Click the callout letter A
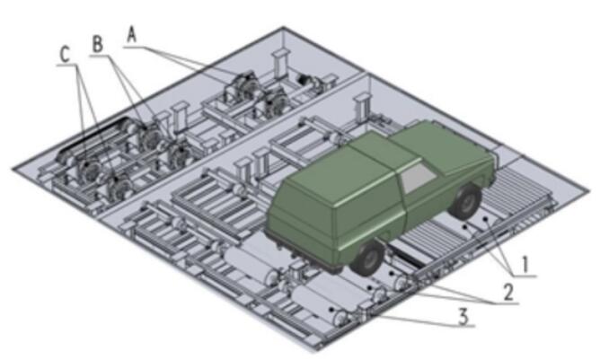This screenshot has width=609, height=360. click(132, 35)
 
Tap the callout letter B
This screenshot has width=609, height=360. click(98, 44)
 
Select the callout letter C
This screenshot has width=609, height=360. click(65, 55)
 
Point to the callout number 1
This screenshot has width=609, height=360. click(525, 265)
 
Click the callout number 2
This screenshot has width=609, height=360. click(508, 292)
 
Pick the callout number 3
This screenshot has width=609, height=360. click(463, 317)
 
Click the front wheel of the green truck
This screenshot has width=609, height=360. click(466, 201)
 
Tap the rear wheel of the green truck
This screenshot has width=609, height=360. click(367, 258)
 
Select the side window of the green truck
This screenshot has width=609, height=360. click(418, 178)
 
